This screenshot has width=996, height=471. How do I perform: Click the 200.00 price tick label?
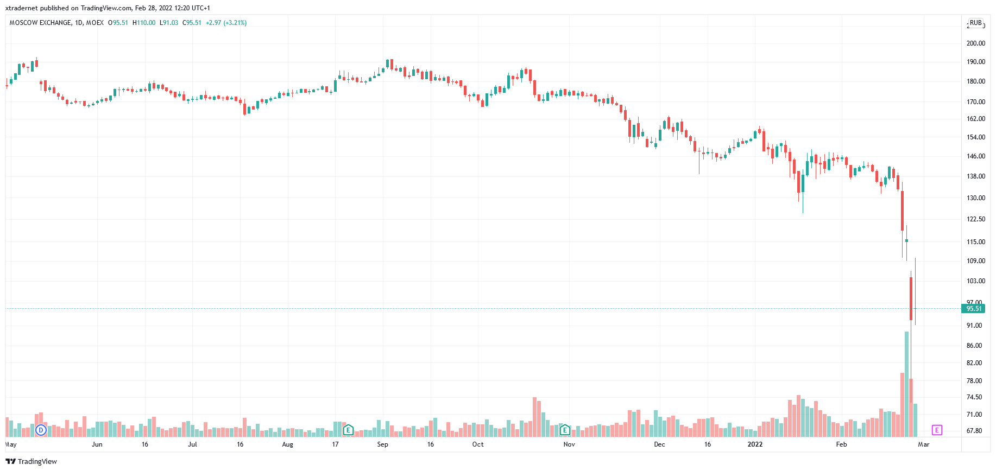click(x=975, y=43)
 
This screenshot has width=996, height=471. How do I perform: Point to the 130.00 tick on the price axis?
click(x=975, y=198)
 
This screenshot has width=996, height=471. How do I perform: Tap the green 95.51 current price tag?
click(x=973, y=309)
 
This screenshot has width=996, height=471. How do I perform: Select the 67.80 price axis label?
click(x=974, y=431)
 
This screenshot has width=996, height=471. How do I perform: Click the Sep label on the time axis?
click(x=383, y=444)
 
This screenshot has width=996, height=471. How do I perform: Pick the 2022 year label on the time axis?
click(x=755, y=444)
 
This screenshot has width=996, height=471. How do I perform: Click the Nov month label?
click(x=569, y=444)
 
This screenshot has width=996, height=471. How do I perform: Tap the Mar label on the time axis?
click(x=924, y=444)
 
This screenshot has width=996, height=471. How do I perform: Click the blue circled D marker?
click(x=41, y=430)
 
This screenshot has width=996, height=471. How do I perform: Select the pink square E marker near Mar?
click(x=937, y=430)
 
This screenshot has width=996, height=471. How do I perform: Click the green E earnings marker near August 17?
click(x=349, y=430)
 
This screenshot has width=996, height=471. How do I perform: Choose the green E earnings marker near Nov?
click(x=565, y=430)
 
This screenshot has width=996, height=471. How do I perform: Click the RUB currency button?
click(x=976, y=23)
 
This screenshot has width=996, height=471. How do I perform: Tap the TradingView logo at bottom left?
click(x=31, y=461)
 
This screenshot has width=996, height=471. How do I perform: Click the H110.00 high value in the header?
click(x=144, y=23)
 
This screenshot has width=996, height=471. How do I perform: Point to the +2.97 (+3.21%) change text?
click(x=226, y=23)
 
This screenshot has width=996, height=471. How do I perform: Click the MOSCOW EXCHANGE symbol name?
click(x=40, y=23)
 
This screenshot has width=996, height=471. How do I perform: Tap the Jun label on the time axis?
click(x=97, y=444)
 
